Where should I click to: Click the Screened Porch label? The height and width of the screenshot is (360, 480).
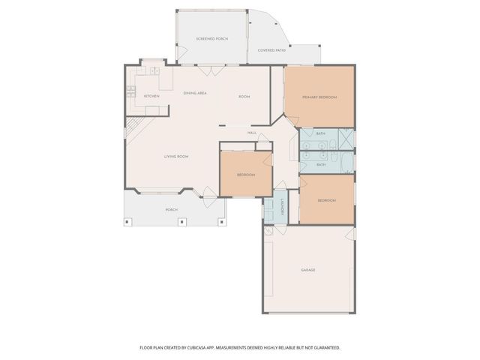211,38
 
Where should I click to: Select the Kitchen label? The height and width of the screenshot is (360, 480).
151,96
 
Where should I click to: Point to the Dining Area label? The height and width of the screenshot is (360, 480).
195,92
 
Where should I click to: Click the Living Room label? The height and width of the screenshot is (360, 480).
176,156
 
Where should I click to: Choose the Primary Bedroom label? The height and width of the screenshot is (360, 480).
319,97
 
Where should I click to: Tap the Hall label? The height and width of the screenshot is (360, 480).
252,133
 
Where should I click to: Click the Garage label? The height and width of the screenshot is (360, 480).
307,269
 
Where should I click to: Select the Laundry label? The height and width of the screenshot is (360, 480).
275,208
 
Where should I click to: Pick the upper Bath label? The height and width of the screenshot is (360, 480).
320,133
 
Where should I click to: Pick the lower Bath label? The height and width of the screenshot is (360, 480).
320,164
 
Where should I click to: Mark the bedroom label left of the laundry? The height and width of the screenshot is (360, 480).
246,175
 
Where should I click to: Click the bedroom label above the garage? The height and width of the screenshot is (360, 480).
325,200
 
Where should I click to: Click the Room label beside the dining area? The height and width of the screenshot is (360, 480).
244,97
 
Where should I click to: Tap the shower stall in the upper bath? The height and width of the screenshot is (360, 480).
346,137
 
